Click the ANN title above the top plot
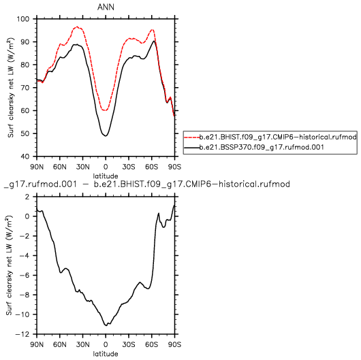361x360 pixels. (106, 7)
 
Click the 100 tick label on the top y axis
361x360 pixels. (23, 19)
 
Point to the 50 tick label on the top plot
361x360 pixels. (25, 133)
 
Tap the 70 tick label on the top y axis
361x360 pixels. (25, 88)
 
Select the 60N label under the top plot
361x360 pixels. (60, 167)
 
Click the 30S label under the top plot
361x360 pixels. (129, 167)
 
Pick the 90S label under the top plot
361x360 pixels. (175, 167)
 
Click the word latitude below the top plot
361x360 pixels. (106, 176)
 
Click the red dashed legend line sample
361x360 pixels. (192, 137)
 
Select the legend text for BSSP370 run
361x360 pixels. (262, 147)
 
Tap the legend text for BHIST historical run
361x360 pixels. (278, 137)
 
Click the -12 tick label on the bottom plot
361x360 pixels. (22, 334)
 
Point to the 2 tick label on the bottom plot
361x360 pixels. (28, 197)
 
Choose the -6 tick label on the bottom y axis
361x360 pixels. (25, 276)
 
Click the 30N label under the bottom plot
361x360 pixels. (82, 344)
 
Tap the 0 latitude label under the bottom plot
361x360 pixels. (106, 344)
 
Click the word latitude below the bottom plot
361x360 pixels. (106, 354)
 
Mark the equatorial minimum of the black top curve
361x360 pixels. (106, 135)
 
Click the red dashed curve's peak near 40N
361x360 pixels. (78, 27)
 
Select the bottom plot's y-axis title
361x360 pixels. (10, 265)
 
